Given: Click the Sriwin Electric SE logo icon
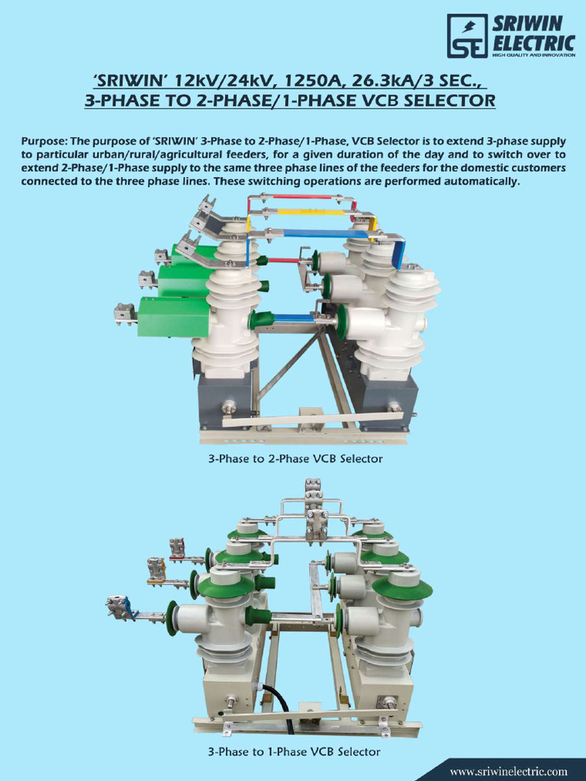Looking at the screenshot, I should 467,36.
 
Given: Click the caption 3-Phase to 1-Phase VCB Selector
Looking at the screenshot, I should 293,752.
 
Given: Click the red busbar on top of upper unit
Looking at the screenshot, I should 301,198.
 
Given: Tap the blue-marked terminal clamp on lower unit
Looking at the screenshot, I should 123,607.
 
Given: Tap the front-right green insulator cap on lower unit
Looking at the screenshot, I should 402,589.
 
